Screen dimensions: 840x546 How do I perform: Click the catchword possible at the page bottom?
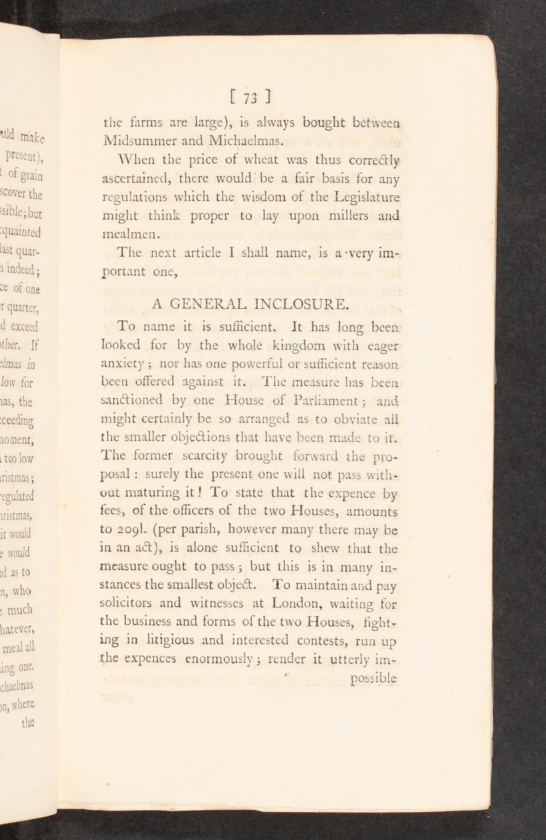[373, 678]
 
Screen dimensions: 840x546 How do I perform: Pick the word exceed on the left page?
[25, 327]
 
